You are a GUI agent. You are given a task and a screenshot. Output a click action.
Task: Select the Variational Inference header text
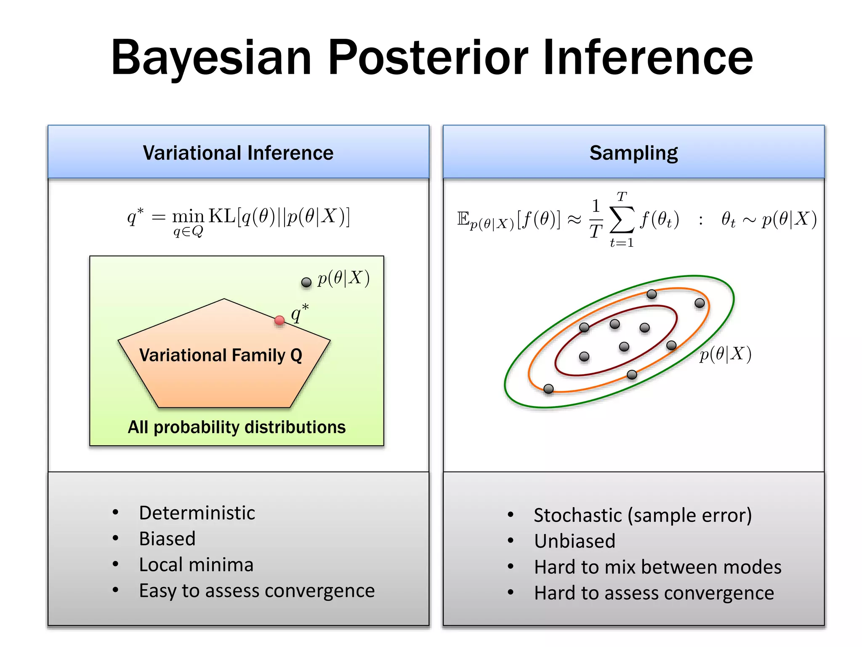238,152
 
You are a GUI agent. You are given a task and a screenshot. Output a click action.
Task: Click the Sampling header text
633,152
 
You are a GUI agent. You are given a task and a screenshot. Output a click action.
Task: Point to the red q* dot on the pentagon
279,321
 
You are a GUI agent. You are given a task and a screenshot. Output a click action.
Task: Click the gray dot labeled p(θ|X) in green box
306,282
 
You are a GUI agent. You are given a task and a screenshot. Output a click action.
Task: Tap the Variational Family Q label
221,355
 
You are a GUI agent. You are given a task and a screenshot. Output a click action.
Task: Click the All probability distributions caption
237,427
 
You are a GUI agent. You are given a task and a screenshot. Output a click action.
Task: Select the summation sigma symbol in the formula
622,219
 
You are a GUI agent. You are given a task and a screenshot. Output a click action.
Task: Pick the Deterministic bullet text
197,513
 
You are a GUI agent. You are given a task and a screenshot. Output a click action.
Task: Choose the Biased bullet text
167,539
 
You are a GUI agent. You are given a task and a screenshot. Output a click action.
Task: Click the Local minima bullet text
196,565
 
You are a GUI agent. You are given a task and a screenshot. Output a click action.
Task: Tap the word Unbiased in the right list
575,541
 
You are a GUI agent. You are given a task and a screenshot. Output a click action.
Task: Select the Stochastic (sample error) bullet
643,515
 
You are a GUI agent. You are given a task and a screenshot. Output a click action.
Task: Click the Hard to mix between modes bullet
657,567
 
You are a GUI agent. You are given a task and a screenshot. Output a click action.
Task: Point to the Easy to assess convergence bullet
257,591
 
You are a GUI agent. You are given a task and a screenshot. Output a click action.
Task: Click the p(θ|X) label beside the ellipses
725,354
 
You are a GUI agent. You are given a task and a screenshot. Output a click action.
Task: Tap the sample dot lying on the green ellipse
700,303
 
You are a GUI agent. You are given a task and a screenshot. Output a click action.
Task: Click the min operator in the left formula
188,217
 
